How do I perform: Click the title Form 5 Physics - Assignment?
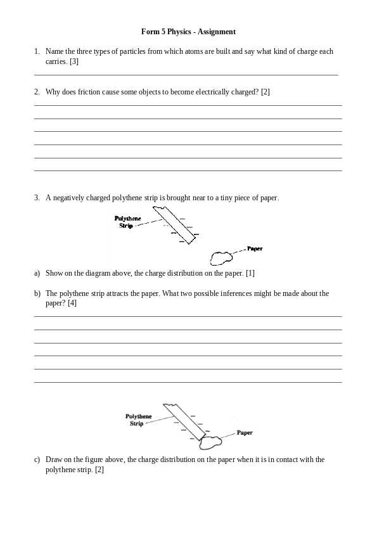tap(188, 32)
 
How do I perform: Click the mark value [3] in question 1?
tap(73, 61)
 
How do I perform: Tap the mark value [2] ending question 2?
tap(265, 92)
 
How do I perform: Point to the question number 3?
tap(37, 198)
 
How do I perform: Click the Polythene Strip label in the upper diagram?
tap(127, 222)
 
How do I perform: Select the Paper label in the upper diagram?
tap(254, 249)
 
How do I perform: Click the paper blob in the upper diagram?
tap(221, 258)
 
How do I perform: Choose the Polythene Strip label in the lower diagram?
tap(138, 420)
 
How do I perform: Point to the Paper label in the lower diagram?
tap(245, 433)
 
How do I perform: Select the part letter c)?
tap(37, 459)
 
